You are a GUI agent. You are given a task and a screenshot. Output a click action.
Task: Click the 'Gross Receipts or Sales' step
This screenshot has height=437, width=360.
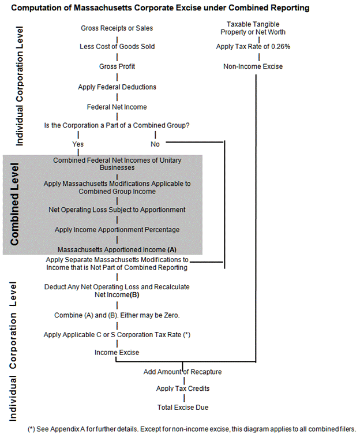117,28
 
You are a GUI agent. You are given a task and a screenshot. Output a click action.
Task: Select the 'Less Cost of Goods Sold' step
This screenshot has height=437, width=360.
117,46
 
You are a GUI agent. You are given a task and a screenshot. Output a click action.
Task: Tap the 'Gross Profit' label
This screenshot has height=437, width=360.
117,66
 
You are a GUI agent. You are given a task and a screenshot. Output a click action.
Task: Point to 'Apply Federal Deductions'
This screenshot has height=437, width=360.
117,87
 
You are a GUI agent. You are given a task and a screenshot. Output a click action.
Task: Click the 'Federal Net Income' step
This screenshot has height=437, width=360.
117,107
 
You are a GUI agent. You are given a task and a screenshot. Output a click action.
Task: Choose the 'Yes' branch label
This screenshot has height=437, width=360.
78,144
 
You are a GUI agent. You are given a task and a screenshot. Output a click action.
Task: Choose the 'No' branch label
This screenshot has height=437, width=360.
155,144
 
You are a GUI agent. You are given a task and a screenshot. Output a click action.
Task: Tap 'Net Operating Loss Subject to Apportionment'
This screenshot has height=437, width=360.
117,210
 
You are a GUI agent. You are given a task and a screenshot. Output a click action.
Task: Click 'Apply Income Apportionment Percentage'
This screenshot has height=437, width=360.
117,230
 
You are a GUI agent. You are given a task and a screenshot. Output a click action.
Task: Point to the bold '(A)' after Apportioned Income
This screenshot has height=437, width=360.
171,250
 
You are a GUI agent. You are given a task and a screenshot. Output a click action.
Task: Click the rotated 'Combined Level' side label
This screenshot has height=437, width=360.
15,204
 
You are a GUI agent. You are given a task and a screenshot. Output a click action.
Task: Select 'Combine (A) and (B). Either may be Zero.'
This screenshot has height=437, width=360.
117,315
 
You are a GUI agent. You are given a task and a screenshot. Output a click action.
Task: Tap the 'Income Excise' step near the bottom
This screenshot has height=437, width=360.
117,352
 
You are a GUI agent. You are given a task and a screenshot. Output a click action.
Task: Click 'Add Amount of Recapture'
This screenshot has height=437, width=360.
182,372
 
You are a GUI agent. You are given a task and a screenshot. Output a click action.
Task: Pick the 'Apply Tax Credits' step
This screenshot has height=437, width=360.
183,389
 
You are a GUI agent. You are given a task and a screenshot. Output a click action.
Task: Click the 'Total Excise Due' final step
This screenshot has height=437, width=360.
183,408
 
